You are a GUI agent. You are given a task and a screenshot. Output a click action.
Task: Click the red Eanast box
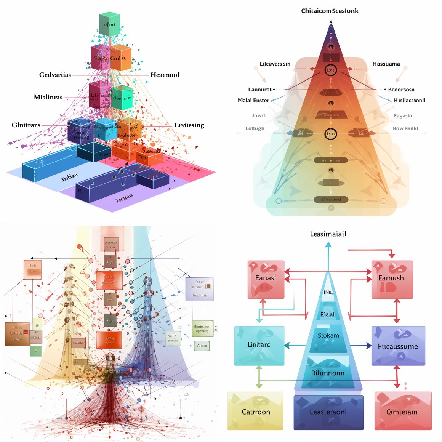coord(266,279)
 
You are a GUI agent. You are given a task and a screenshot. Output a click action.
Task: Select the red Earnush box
coord(392,279)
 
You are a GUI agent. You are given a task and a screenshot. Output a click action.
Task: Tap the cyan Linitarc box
coord(259,345)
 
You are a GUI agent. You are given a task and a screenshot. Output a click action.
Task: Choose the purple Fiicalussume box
coord(398,346)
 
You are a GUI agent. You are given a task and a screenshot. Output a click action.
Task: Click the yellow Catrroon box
coord(256,411)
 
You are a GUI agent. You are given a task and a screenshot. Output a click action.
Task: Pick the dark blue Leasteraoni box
coord(328,412)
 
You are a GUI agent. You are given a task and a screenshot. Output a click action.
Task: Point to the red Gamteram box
coord(402,411)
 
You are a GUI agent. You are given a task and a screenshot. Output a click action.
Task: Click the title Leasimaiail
coord(328,234)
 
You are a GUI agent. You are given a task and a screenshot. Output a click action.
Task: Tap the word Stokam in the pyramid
coord(328,335)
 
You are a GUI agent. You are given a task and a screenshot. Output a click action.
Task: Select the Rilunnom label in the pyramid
coord(328,373)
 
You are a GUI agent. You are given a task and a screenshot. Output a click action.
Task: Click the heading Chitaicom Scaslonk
coord(330,11)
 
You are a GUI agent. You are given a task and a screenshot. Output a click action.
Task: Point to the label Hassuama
coord(386,64)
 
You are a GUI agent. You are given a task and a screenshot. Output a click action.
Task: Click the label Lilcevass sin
coord(275,64)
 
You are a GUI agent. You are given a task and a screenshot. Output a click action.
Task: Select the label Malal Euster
coord(253,100)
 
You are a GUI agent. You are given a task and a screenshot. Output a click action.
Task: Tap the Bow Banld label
coord(405,128)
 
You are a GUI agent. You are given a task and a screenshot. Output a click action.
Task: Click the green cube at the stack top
coord(109,24)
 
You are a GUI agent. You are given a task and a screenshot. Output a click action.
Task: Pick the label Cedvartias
coord(55,75)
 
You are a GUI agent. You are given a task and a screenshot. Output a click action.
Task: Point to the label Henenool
coord(165,75)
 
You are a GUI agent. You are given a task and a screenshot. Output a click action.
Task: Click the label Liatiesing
coord(189,125)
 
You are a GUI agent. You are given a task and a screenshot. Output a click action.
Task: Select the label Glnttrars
coord(26,125)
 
